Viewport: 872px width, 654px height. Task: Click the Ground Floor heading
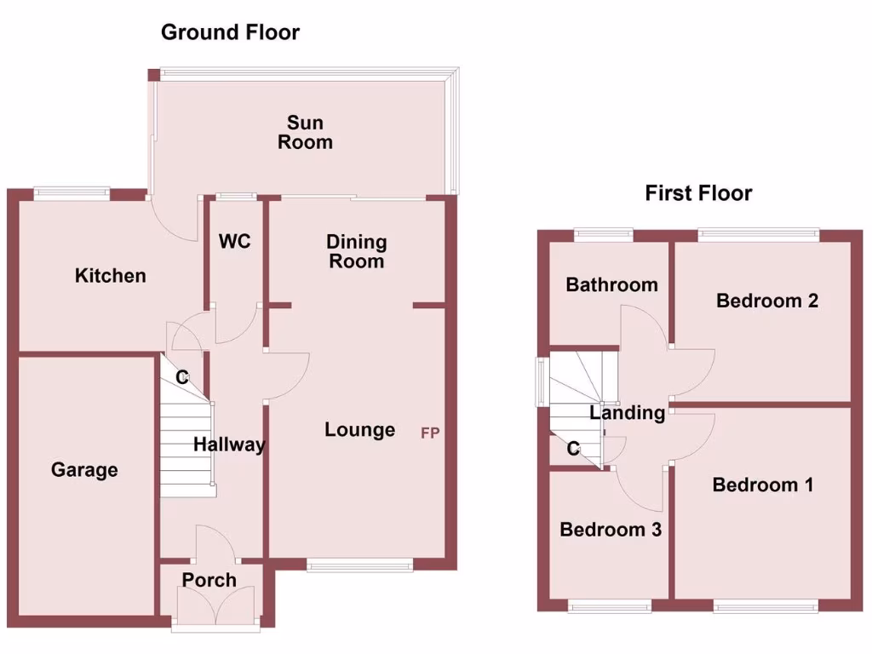[x=230, y=33]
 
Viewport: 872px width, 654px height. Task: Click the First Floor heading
[x=698, y=193]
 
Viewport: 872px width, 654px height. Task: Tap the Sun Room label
[x=305, y=134]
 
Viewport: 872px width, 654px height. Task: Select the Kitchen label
[x=111, y=276]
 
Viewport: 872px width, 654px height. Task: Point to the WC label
[x=234, y=242]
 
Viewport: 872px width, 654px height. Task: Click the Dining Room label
[x=356, y=252]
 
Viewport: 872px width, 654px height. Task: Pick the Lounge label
[x=359, y=430]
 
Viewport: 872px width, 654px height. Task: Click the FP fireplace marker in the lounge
[x=430, y=433]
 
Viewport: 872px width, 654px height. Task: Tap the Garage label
[x=84, y=470]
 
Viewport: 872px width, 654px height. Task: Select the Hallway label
[x=229, y=445]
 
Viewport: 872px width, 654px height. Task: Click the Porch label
[x=209, y=581]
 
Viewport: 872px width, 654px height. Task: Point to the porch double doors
[x=216, y=611]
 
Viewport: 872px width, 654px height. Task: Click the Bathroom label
[x=611, y=284]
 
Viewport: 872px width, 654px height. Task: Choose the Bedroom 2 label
[x=767, y=301]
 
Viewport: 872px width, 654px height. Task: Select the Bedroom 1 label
[x=763, y=485]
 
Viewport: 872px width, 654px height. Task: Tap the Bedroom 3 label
[x=611, y=530]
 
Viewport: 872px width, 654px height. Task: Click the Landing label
[x=628, y=414]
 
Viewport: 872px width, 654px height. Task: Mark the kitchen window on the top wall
[x=72, y=192]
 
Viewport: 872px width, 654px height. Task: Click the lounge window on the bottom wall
[x=359, y=564]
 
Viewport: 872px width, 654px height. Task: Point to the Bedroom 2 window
[x=759, y=232]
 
